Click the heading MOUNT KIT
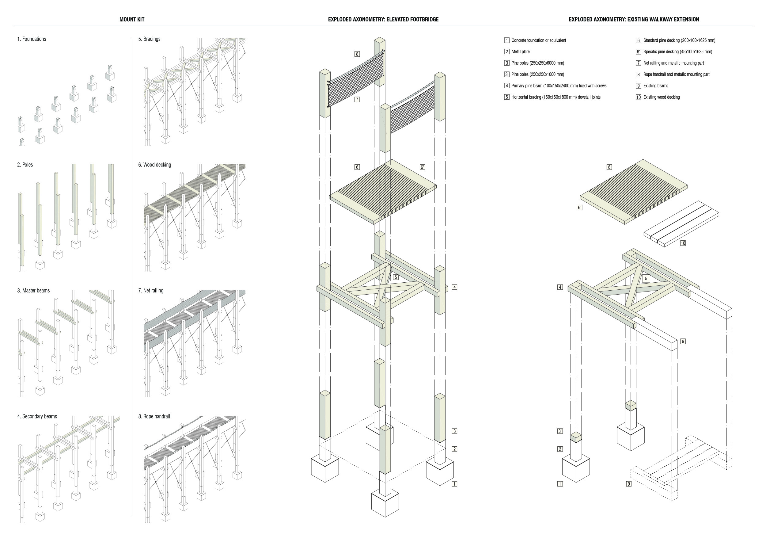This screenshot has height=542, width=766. [x=132, y=19]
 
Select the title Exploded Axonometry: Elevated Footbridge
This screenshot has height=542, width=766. [x=383, y=19]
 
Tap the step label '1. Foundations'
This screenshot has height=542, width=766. [x=32, y=39]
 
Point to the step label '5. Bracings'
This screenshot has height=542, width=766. [x=149, y=39]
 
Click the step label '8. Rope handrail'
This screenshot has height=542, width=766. [x=154, y=416]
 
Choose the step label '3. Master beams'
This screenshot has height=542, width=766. [x=33, y=290]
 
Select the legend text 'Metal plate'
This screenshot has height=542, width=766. [x=521, y=52]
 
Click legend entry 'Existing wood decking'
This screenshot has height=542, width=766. [x=661, y=97]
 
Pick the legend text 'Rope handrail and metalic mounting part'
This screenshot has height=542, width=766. [x=676, y=74]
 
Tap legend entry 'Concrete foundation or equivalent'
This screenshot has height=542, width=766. [x=538, y=40]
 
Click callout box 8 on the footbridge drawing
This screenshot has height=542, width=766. [x=357, y=54]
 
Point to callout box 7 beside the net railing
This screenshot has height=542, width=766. [x=357, y=99]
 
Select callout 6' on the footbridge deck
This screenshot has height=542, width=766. [x=422, y=167]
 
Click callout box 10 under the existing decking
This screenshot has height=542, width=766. [x=683, y=243]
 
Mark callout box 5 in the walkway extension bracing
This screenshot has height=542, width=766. [x=646, y=278]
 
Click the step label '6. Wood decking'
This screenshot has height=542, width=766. [x=154, y=165]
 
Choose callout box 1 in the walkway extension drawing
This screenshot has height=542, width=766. [x=560, y=483]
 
